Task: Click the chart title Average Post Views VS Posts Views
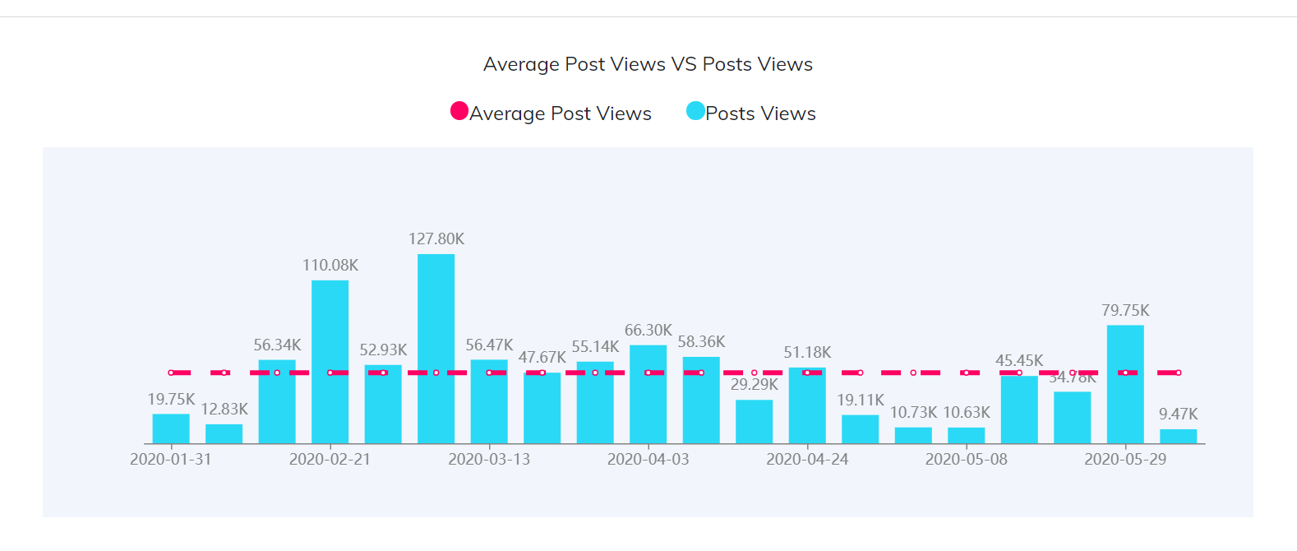tap(648, 64)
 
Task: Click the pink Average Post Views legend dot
tap(459, 111)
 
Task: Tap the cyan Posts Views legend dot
tap(695, 111)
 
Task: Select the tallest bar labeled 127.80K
tap(436, 350)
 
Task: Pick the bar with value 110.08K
tap(330, 362)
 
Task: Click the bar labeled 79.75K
tap(1125, 385)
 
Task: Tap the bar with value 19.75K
tap(171, 428)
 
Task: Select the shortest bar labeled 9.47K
tap(1178, 437)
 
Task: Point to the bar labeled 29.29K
tap(754, 422)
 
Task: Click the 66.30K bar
tap(648, 395)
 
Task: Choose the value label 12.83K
tap(224, 409)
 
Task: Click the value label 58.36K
tap(701, 341)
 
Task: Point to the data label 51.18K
tap(807, 352)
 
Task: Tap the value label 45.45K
tap(1019, 360)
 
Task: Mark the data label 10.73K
tap(913, 412)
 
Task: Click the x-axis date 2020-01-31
tap(171, 459)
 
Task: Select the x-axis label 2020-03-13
tap(489, 459)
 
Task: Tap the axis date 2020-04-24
tap(807, 459)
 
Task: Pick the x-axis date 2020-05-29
tap(1125, 459)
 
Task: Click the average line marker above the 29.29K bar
tap(754, 373)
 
